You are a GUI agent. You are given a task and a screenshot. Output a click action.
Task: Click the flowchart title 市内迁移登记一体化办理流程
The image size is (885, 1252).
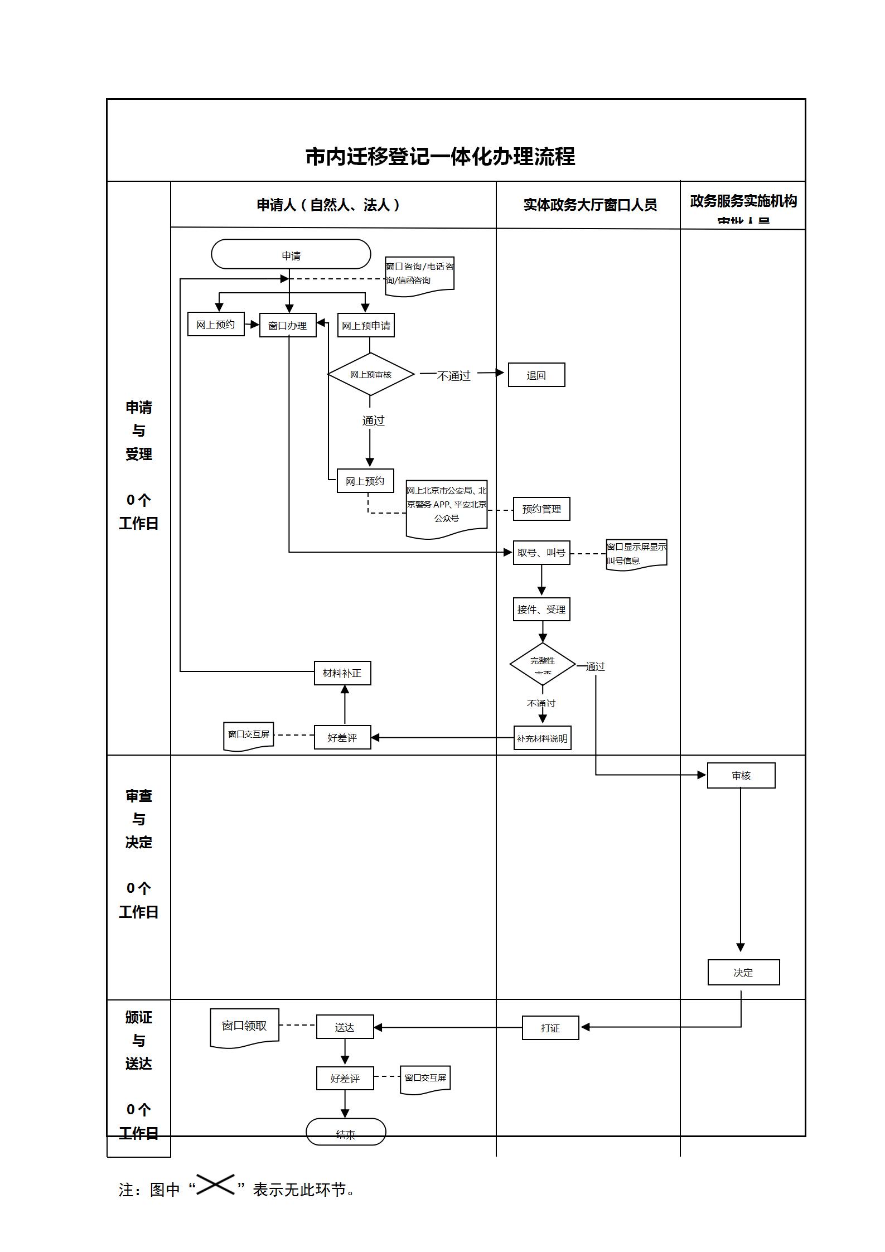[x=440, y=157]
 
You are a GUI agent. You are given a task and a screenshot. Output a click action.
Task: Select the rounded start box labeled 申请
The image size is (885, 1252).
[x=291, y=255]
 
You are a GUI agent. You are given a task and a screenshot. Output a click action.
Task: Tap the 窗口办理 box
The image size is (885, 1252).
[x=288, y=325]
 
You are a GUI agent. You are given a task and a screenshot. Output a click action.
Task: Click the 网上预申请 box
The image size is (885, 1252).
[x=366, y=325]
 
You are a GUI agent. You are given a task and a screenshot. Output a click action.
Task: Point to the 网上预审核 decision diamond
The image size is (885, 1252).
[x=371, y=374]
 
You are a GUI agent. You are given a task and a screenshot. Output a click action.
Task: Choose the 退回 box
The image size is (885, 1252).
[x=536, y=375]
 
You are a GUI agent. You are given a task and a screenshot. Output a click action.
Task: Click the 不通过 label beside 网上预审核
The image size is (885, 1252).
[x=453, y=376]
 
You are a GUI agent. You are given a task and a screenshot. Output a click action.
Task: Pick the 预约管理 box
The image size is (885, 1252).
[x=541, y=509]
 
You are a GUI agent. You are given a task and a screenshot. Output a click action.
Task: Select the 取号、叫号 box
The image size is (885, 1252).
[x=541, y=553]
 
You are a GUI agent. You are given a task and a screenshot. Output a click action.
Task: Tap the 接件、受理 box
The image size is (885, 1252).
[x=541, y=610]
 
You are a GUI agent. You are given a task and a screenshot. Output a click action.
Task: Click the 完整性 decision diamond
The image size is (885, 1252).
[x=543, y=664]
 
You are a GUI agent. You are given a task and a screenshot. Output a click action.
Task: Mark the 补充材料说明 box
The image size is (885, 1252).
[x=542, y=738]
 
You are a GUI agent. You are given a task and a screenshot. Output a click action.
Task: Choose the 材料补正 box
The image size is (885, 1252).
[x=342, y=673]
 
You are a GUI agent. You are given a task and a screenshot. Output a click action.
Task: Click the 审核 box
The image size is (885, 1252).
[x=741, y=775]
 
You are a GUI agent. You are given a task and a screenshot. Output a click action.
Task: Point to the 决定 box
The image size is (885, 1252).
[x=743, y=972]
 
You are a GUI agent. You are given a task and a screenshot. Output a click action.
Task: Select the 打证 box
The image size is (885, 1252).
[x=550, y=1027]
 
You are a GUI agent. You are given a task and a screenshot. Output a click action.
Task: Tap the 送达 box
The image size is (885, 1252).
[x=345, y=1027]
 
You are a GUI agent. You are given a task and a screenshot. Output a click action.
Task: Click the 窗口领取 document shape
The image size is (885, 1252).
[x=244, y=1026]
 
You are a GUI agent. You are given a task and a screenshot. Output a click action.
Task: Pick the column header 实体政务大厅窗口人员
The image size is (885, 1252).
[x=590, y=205]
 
